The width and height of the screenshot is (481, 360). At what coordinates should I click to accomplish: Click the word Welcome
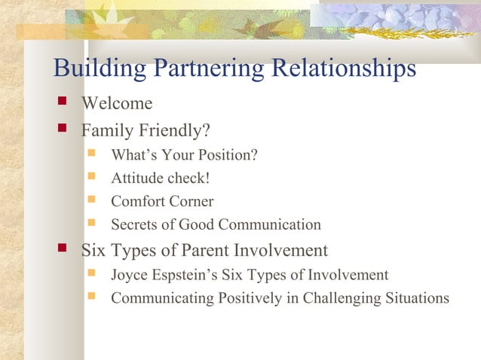click(117, 103)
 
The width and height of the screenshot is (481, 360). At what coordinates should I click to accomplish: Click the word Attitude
click(135, 179)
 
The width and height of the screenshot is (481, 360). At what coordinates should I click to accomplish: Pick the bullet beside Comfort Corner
click(92, 200)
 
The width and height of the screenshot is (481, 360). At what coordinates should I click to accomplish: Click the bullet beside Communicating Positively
click(92, 296)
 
